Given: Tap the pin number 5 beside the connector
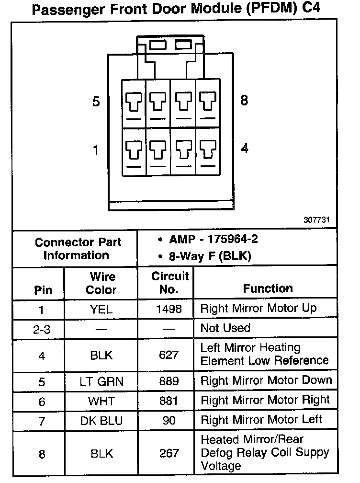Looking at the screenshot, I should click(96, 102).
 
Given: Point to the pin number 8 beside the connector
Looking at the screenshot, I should click(244, 101).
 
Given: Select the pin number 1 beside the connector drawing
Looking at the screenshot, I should click(96, 150).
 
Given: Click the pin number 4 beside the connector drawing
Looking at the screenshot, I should click(245, 149).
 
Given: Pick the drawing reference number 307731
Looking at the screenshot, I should click(316, 221).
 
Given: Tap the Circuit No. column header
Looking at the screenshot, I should click(170, 283).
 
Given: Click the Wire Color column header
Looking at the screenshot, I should click(101, 283).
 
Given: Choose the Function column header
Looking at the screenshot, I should click(268, 288).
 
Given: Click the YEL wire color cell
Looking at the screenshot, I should click(101, 309).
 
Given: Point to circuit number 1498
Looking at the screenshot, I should click(169, 309).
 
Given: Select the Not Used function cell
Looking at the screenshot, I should click(225, 328).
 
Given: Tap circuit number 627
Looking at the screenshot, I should click(169, 355).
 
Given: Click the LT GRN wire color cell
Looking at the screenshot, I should click(101, 381).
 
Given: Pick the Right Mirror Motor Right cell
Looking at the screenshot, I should click(265, 400).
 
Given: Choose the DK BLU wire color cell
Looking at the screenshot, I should click(101, 421).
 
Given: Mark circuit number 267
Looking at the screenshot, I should click(169, 453).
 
